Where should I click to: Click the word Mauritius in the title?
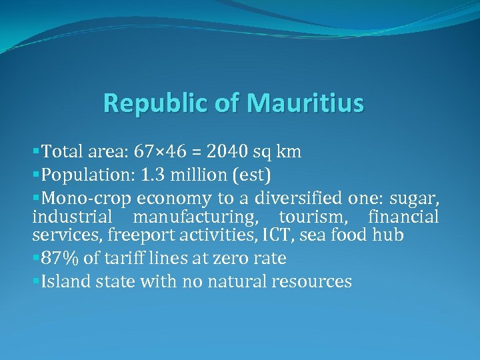pyautogui.click(x=305, y=103)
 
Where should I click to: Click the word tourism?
pyautogui.click(x=311, y=217)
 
